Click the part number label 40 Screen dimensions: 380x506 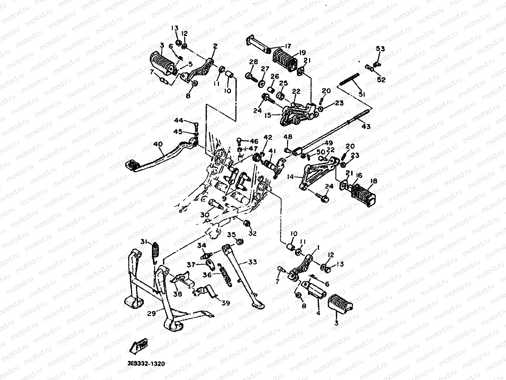(x=158, y=144)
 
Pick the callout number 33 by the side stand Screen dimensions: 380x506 (x=252, y=262)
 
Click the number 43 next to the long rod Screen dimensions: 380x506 (x=366, y=126)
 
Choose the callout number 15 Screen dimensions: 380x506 (x=268, y=115)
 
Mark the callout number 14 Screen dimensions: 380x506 (x=290, y=177)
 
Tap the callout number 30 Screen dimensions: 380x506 (x=205, y=215)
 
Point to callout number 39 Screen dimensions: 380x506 (x=226, y=302)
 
